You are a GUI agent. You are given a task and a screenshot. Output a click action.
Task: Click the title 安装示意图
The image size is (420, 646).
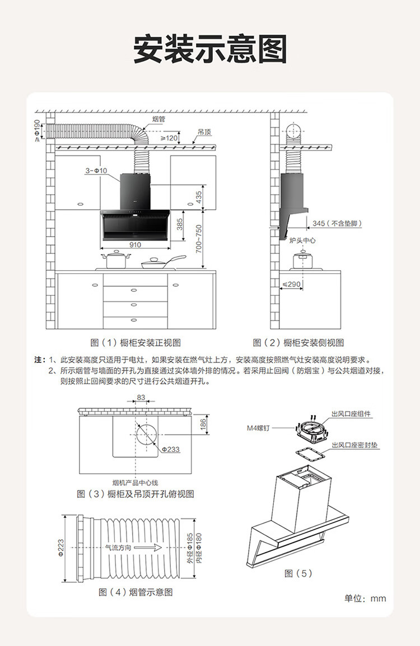click(210, 50)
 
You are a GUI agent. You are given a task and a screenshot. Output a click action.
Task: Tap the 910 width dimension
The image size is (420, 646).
click(135, 245)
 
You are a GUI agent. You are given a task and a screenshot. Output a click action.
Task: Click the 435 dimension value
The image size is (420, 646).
click(199, 197)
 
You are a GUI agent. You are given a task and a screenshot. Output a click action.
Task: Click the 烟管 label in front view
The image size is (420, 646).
click(158, 119)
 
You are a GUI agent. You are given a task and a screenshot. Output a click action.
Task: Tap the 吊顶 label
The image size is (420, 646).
click(204, 133)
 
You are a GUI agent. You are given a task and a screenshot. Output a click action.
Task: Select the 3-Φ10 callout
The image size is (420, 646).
click(96, 170)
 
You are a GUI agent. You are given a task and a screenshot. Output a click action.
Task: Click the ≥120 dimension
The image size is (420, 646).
click(169, 138)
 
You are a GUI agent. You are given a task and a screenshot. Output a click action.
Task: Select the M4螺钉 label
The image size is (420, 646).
click(259, 428)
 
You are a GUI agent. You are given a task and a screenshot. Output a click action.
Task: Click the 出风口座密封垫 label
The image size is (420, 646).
click(355, 446)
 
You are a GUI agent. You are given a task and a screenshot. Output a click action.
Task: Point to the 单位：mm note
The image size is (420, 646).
click(365, 598)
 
